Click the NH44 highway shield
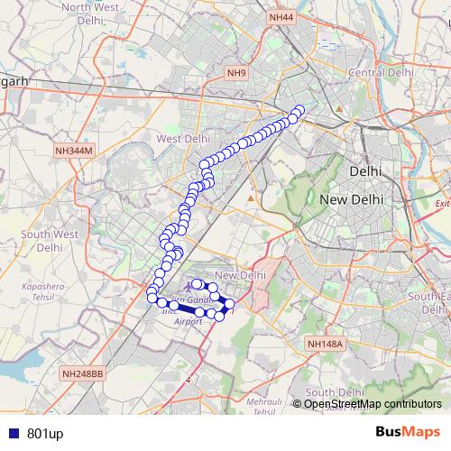click(x=281, y=17)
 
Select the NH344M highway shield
click(x=74, y=151)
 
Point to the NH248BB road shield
click(x=84, y=373)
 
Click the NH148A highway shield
click(x=325, y=344)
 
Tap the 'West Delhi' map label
click(x=183, y=139)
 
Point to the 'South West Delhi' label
click(x=51, y=240)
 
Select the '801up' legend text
click(x=45, y=434)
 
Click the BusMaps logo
click(x=408, y=433)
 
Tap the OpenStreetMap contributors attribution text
click(x=373, y=404)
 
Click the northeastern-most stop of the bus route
click(x=299, y=112)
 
